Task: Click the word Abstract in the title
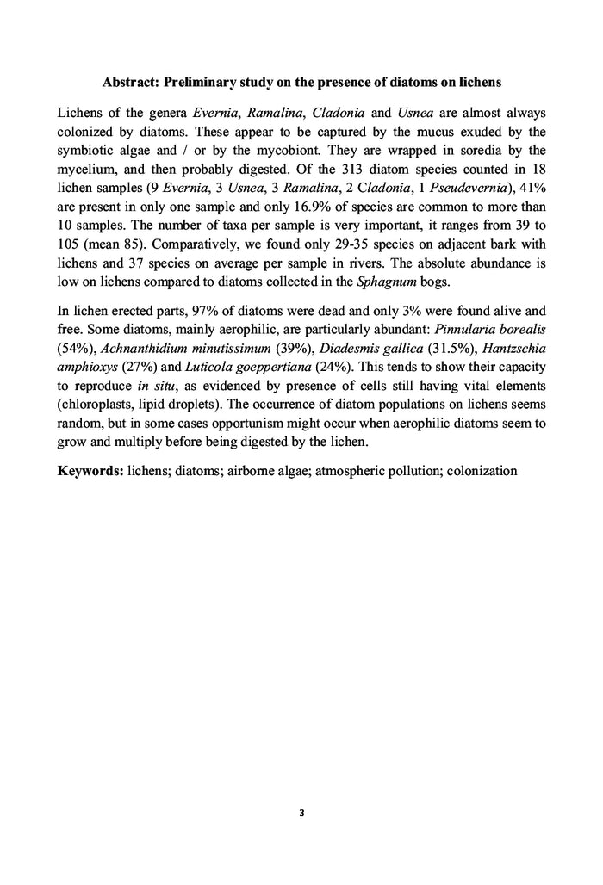(x=130, y=83)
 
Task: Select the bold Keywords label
(x=90, y=471)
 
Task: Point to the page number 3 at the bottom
(x=301, y=812)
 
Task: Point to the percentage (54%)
(x=73, y=349)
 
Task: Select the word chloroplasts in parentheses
(x=98, y=405)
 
